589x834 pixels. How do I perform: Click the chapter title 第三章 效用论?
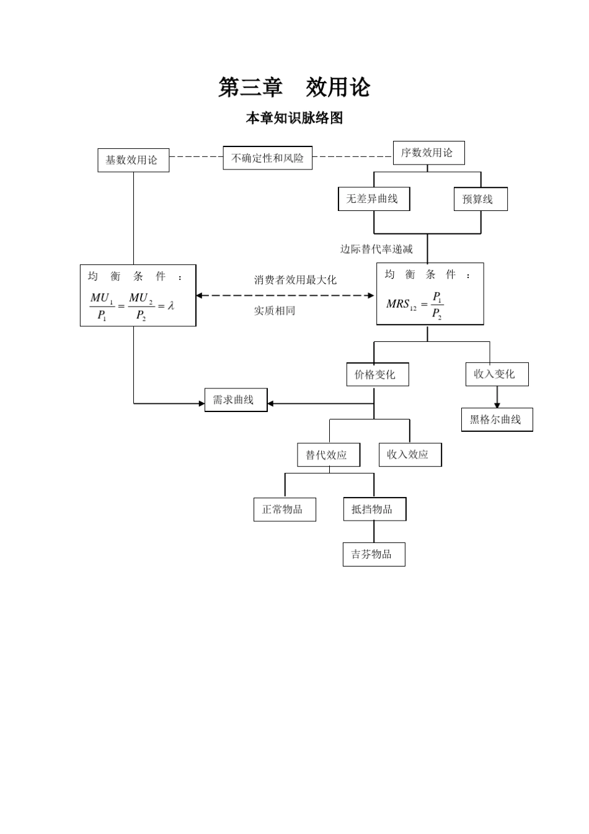point(294,87)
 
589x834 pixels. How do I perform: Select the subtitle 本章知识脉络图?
point(294,118)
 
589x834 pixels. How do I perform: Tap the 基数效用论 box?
point(133,160)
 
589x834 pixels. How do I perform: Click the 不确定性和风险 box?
point(267,158)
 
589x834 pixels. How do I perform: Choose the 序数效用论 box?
point(428,153)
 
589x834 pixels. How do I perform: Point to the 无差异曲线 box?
point(373,199)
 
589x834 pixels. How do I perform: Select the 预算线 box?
point(480,199)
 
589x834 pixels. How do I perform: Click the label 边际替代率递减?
point(376,249)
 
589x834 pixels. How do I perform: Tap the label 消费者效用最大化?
point(295,280)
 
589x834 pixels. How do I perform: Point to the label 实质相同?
point(275,310)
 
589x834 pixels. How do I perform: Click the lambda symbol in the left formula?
point(170,305)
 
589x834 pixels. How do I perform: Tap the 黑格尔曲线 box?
point(497,419)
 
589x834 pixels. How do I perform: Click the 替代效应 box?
point(329,455)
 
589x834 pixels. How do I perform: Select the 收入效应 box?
point(410,455)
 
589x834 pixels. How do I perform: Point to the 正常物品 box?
point(285,509)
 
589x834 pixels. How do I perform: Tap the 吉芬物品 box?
point(373,554)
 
